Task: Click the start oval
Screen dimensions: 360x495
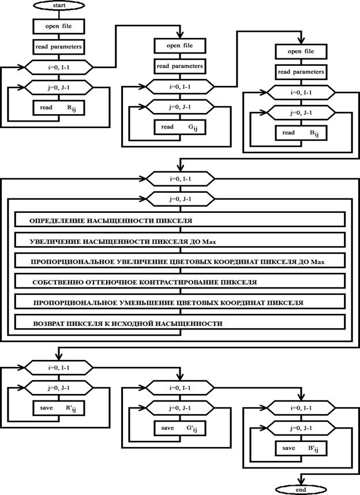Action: tap(59, 5)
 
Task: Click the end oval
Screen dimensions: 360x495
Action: tap(301, 490)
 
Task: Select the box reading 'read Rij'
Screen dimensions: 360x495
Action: tap(59, 108)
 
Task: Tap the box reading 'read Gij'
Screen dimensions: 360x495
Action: tap(180, 127)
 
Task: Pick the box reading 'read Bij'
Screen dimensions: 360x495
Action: tap(301, 133)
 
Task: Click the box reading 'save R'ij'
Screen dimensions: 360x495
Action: tap(59, 408)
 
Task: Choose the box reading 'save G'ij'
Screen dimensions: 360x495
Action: tap(180, 429)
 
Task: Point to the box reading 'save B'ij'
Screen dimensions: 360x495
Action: tap(301, 448)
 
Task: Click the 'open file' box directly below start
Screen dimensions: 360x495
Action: tap(59, 26)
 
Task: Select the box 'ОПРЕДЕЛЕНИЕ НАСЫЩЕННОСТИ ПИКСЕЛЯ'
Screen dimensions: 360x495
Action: tap(179, 220)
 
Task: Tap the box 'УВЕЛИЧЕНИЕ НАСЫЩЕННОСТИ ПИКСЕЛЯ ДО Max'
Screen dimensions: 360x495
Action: tap(179, 241)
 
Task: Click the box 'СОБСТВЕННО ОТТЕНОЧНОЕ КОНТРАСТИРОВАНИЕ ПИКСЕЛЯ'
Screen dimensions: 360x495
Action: tap(179, 282)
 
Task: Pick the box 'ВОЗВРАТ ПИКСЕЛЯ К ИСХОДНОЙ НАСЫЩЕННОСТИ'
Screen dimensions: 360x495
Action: tap(179, 322)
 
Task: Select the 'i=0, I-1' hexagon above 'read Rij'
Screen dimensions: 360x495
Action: tap(59, 67)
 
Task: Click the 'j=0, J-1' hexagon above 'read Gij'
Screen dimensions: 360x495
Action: tap(180, 107)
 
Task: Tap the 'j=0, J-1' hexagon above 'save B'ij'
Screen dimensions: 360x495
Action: tap(301, 429)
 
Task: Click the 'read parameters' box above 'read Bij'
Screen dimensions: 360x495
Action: tap(301, 72)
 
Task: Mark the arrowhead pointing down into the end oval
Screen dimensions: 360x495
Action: tap(301, 481)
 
